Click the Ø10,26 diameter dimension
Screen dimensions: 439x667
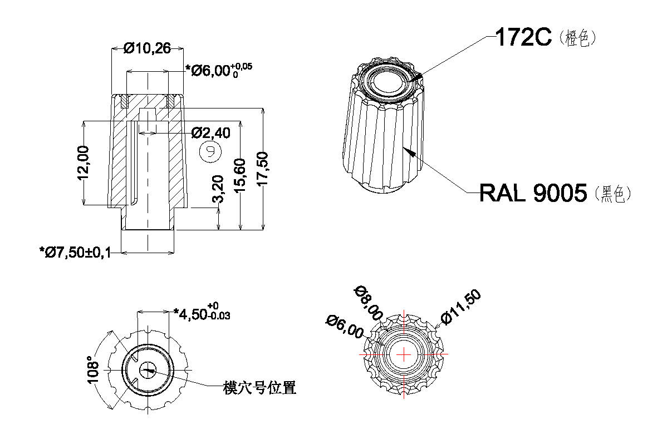pyautogui.click(x=147, y=49)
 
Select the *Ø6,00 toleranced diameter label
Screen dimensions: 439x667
pyautogui.click(x=219, y=71)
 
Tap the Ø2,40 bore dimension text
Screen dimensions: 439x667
pyautogui.click(x=210, y=133)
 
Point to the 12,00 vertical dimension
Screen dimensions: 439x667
pyautogui.click(x=83, y=162)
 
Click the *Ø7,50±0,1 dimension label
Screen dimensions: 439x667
pyautogui.click(x=75, y=253)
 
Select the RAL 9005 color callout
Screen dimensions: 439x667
pyautogui.click(x=533, y=193)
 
